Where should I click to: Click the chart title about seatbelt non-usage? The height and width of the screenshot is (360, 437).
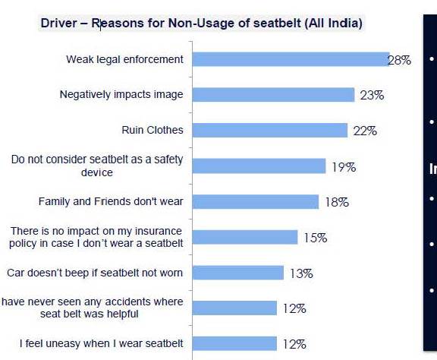click(x=202, y=24)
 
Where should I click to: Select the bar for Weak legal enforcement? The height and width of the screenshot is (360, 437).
click(x=291, y=59)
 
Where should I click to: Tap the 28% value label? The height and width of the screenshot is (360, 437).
click(x=399, y=60)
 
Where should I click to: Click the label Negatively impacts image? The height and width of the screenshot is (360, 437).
click(x=121, y=95)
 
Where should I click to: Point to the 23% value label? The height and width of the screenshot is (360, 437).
click(x=373, y=96)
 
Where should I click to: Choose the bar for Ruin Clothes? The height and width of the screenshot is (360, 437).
click(x=269, y=130)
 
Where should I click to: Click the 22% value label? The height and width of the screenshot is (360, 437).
click(x=365, y=131)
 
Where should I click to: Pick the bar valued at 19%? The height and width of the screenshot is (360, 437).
click(x=259, y=166)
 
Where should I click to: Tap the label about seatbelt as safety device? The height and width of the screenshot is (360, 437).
click(x=97, y=166)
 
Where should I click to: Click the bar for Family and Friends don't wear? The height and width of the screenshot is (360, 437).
click(x=256, y=201)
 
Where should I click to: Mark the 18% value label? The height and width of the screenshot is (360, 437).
click(x=336, y=202)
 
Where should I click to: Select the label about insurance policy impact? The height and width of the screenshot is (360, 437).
click(x=96, y=236)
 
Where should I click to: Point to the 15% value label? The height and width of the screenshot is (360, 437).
click(x=315, y=238)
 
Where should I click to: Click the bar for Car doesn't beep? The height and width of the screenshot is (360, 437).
click(x=238, y=272)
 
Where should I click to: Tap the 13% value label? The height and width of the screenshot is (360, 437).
click(x=300, y=273)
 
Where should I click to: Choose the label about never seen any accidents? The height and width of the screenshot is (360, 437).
click(x=93, y=308)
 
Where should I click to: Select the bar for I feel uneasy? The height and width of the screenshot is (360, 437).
click(x=234, y=343)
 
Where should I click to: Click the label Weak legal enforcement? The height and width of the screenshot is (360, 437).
click(x=124, y=59)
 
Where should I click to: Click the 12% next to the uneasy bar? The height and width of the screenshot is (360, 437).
click(x=294, y=344)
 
